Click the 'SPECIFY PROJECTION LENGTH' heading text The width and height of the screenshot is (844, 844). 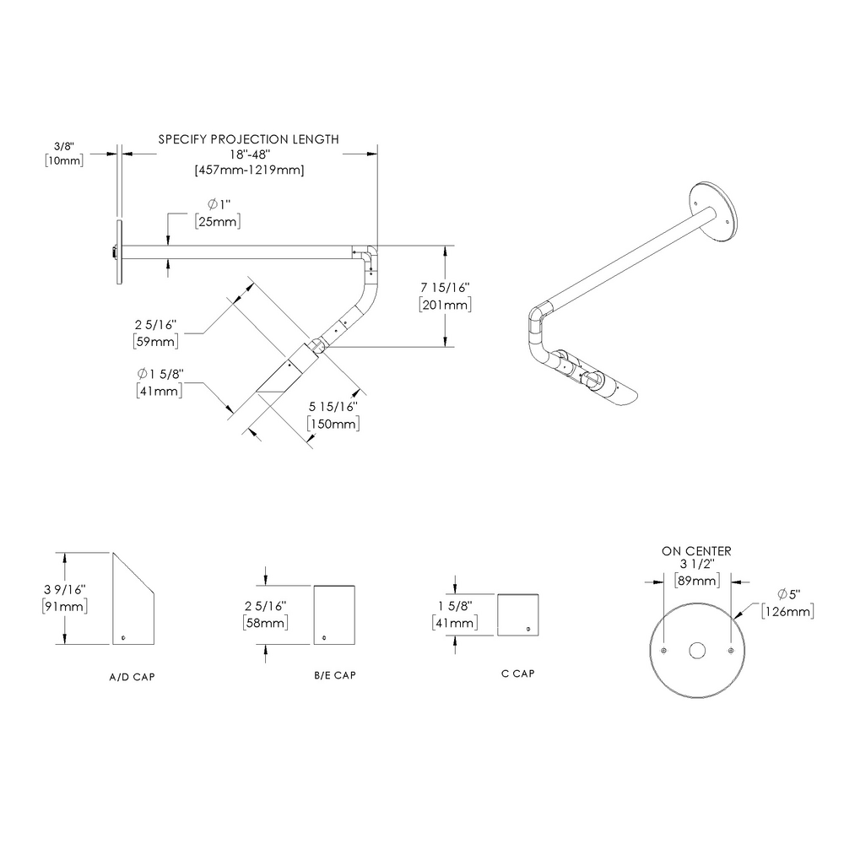249,139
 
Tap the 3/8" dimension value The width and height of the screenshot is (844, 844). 64,145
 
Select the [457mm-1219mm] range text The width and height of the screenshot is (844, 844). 249,170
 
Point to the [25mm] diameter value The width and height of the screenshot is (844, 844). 217,222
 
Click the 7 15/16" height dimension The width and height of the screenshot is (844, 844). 445,289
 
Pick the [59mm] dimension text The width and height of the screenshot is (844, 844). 155,341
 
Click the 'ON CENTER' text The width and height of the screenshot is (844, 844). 696,551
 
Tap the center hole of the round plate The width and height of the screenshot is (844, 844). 696,651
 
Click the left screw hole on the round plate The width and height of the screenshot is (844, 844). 664,651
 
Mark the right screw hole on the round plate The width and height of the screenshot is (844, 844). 729,651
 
